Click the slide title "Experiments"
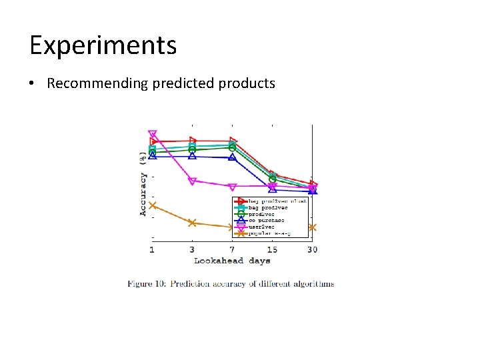pyautogui.click(x=103, y=45)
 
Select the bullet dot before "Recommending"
pyautogui.click(x=32, y=84)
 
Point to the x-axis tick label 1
pyautogui.click(x=152, y=249)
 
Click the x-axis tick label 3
pyautogui.click(x=192, y=249)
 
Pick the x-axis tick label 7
pyautogui.click(x=232, y=249)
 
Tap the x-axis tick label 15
pyautogui.click(x=272, y=249)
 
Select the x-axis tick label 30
pyautogui.click(x=312, y=249)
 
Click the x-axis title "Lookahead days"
pyautogui.click(x=232, y=261)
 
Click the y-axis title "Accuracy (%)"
pyautogui.click(x=143, y=183)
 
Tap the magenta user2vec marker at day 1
pyautogui.click(x=152, y=134)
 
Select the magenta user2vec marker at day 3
pyautogui.click(x=192, y=181)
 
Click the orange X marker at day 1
pyautogui.click(x=152, y=205)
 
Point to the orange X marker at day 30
pyautogui.click(x=312, y=227)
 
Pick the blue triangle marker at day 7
pyautogui.click(x=232, y=157)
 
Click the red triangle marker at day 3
pyautogui.click(x=193, y=140)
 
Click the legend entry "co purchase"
pyautogui.click(x=266, y=220)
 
